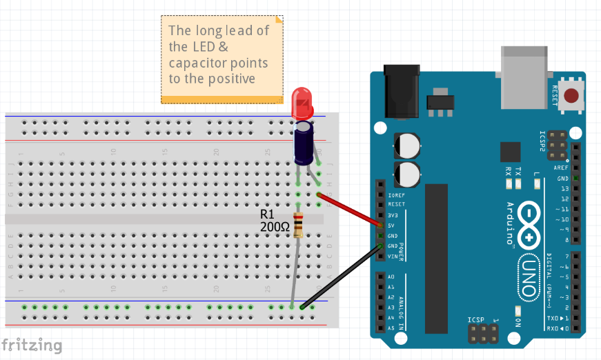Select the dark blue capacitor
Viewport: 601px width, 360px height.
click(x=304, y=143)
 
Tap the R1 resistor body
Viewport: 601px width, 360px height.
click(x=298, y=226)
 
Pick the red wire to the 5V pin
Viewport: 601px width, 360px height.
click(x=351, y=210)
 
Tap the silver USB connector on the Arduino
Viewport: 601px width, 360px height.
click(x=526, y=62)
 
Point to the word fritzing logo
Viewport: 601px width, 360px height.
click(x=32, y=344)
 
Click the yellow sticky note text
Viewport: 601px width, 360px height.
click(x=219, y=54)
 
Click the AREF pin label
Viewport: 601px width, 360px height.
click(x=561, y=168)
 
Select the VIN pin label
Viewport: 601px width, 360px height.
click(x=392, y=257)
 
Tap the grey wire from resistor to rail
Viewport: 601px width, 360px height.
click(x=295, y=272)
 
